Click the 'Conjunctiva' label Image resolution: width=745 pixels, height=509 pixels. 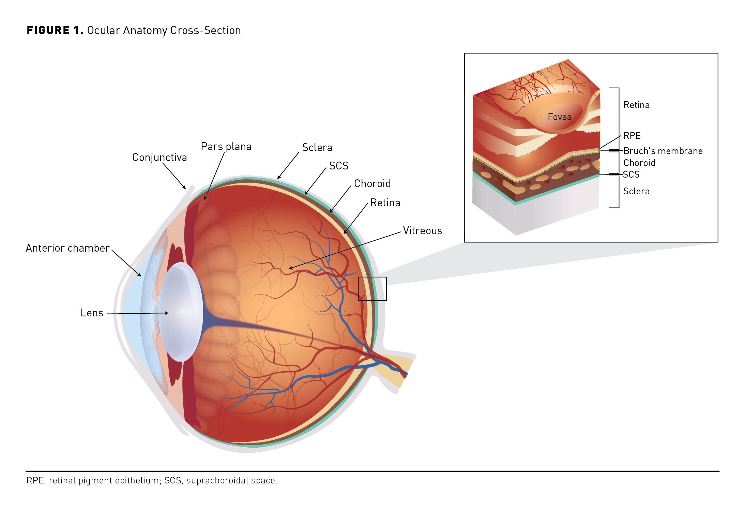coord(159,158)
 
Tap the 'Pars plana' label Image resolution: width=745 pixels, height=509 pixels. coord(226,147)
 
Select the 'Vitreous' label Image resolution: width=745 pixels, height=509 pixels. coord(422,231)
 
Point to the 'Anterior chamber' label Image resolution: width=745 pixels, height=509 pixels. coord(67,248)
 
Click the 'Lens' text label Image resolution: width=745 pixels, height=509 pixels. coord(92,313)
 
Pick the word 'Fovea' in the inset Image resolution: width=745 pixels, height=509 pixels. coord(559,117)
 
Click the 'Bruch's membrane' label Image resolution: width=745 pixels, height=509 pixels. coord(663,151)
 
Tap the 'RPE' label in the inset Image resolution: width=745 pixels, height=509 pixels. coord(632,136)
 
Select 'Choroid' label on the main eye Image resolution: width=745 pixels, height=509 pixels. coord(372,184)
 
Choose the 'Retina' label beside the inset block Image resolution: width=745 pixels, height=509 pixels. coord(636,105)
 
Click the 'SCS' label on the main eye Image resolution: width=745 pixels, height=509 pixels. coord(338,166)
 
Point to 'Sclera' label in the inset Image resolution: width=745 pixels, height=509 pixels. coord(636,191)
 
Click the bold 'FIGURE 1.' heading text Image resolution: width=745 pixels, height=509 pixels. coord(55,30)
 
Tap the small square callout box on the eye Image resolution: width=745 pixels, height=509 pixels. coord(372,289)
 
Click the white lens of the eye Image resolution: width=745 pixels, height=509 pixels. coord(181,312)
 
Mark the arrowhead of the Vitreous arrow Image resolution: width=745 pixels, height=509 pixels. coord(289,269)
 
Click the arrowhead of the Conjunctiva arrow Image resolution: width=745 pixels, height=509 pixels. coord(185,188)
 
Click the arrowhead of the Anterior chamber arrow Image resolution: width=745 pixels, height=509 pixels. coord(140,275)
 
